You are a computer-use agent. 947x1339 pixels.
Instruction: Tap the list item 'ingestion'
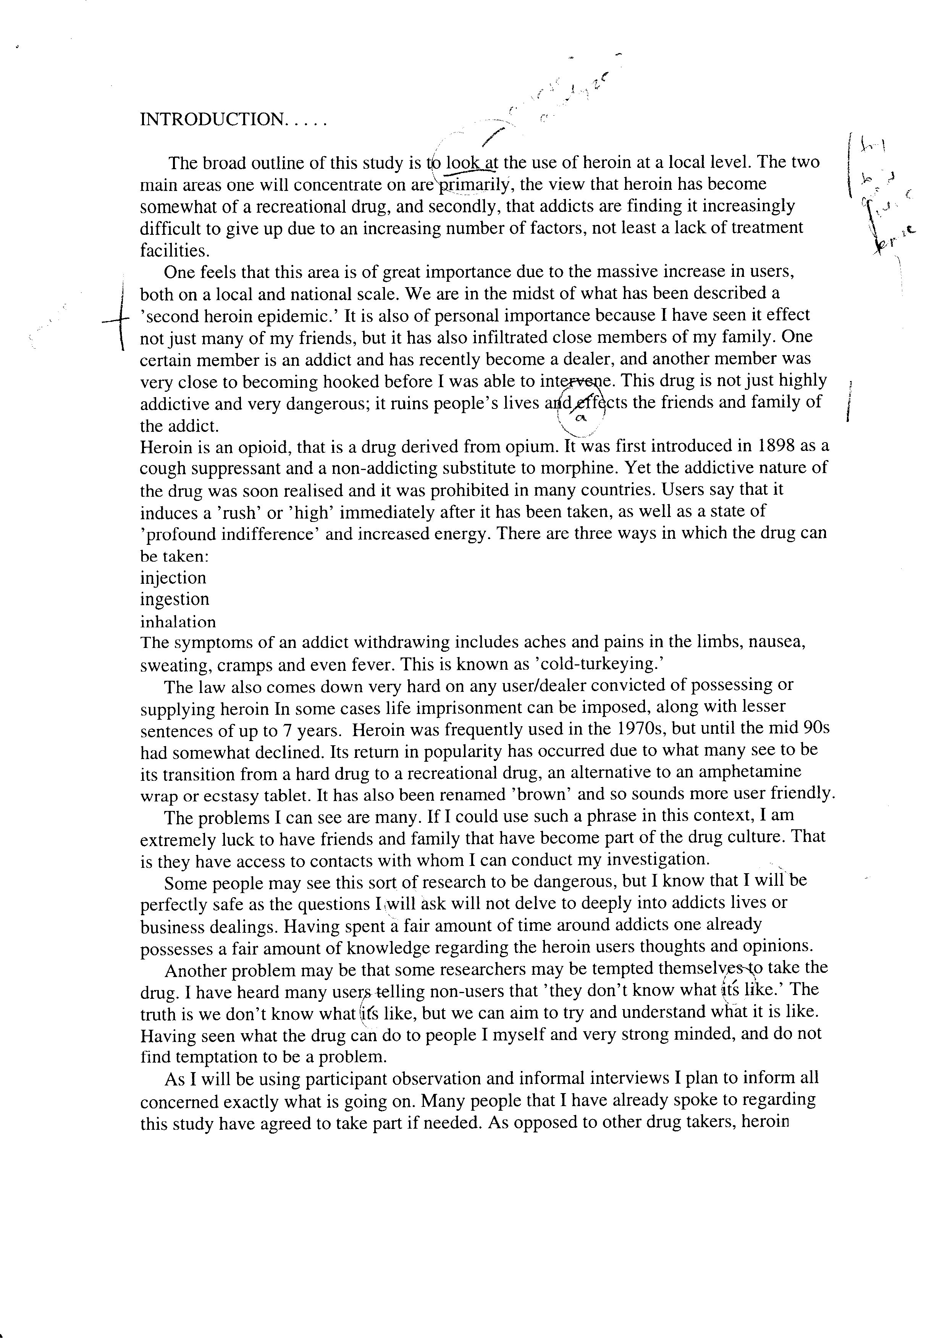pyautogui.click(x=175, y=599)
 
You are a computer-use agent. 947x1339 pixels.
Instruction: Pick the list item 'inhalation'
pyautogui.click(x=178, y=622)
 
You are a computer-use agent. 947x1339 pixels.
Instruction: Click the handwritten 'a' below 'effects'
pyautogui.click(x=579, y=418)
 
